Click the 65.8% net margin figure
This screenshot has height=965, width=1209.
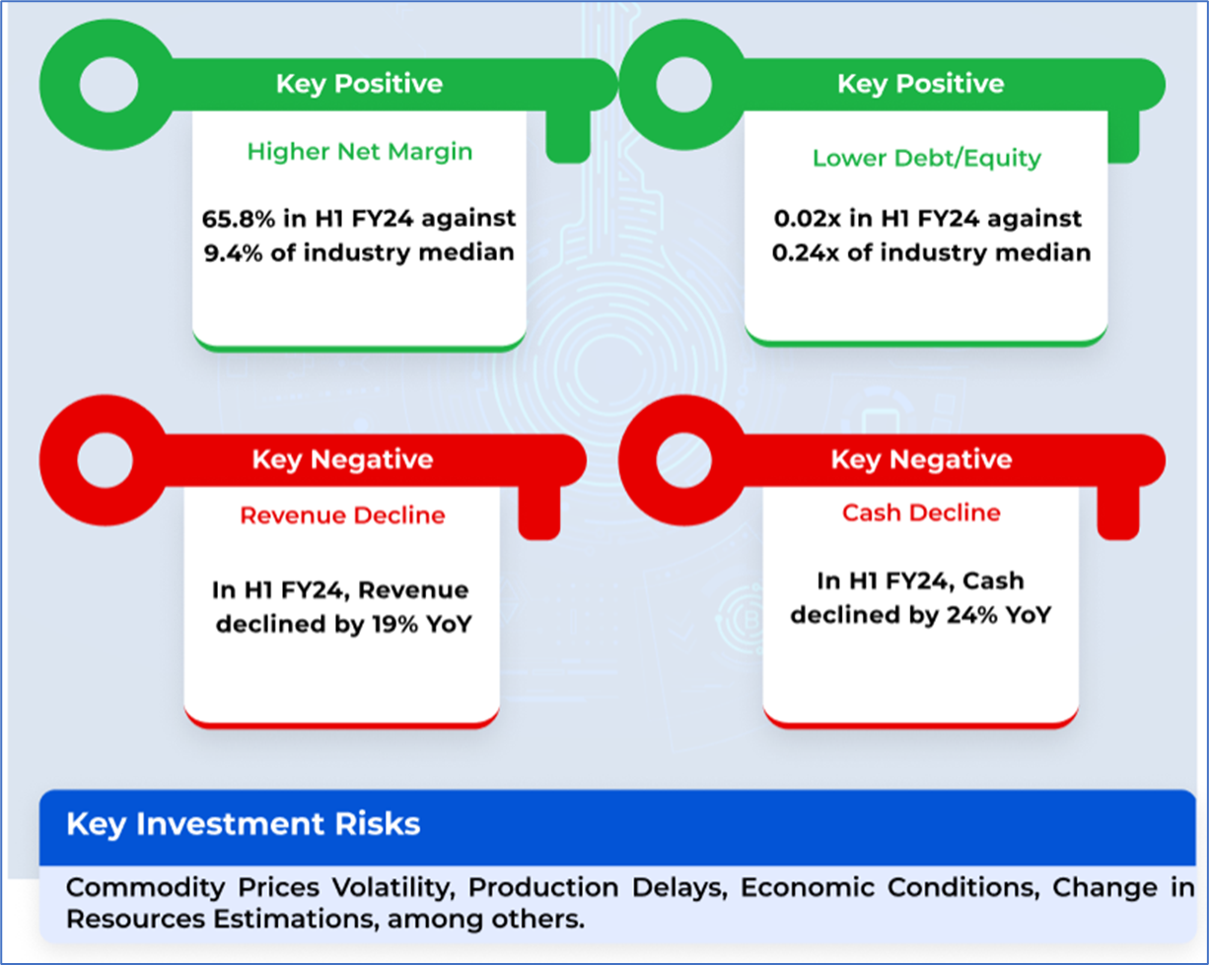239,219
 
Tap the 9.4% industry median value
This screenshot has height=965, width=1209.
233,252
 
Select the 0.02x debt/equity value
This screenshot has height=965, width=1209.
807,219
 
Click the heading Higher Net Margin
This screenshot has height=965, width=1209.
360,152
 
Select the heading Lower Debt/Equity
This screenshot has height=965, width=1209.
926,159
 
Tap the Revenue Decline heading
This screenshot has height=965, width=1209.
343,516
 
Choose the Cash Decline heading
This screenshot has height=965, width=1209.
921,513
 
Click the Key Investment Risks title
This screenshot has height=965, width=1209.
244,824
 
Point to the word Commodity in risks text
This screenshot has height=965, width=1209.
146,887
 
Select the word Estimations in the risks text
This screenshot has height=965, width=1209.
293,919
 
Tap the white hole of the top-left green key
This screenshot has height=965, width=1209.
108,85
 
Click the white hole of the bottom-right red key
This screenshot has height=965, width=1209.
683,460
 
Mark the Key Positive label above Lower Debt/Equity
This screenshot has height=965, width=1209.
921,84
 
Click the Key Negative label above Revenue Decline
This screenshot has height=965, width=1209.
343,459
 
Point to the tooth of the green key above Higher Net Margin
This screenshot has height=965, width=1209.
568,136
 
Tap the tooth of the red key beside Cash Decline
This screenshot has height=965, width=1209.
1118,513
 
